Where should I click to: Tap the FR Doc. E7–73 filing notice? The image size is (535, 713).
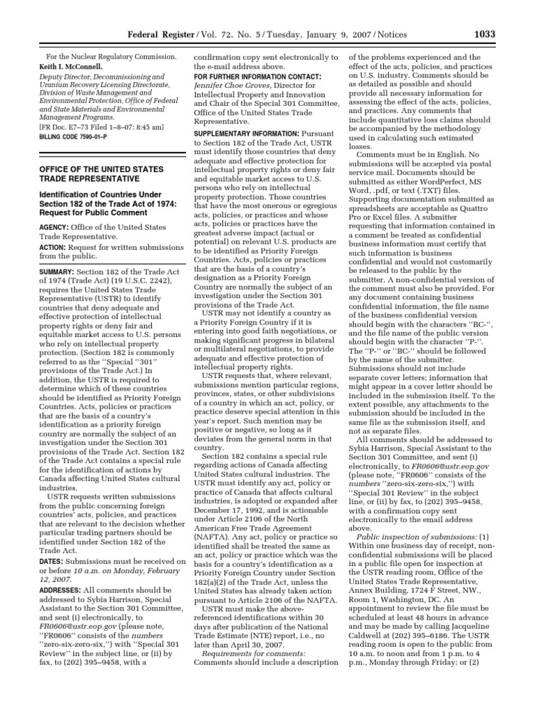[x=100, y=127]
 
